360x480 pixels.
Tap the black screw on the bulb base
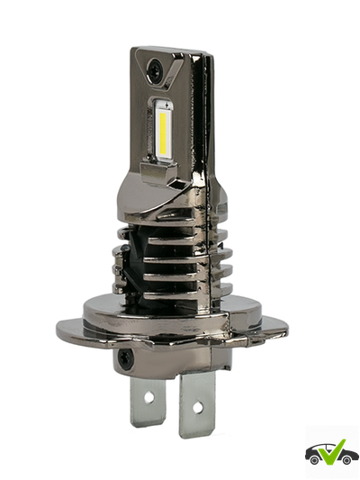[127, 358]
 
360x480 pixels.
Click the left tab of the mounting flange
[72, 331]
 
